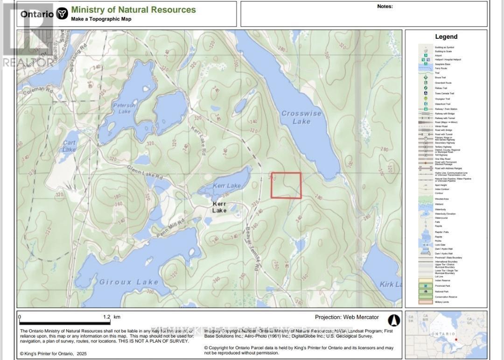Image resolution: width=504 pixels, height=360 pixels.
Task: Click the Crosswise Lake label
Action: point(296,117)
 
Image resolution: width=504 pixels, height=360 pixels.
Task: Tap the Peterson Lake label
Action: point(124,108)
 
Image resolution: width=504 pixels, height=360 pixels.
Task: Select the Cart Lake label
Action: point(69,146)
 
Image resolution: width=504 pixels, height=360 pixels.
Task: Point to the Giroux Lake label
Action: point(129,282)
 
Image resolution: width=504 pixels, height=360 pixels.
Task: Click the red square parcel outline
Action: point(286,185)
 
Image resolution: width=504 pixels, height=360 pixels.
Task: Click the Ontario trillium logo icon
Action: point(62,14)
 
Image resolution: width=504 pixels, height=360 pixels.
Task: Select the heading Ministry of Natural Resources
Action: point(133,10)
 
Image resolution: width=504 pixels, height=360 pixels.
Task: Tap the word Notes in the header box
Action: point(385,7)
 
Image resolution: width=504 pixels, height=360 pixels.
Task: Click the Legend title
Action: point(446,37)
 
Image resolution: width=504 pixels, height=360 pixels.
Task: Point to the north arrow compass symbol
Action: point(394,320)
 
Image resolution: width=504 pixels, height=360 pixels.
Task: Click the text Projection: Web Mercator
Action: point(347,317)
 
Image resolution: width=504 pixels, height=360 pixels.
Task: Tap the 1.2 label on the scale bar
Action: point(106,317)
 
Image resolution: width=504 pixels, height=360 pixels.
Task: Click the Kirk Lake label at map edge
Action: point(391,284)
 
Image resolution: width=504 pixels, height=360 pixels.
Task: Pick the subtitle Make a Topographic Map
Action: point(101,19)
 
